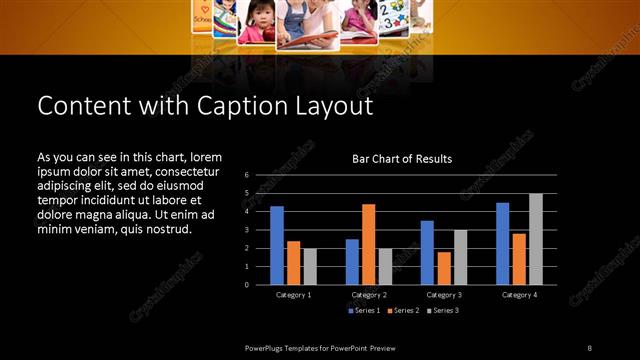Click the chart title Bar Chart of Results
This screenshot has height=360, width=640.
pyautogui.click(x=401, y=159)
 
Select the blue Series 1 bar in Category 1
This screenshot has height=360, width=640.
pyautogui.click(x=277, y=245)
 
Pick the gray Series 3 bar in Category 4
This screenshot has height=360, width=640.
pyautogui.click(x=536, y=239)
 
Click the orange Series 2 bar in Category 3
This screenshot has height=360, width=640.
pyautogui.click(x=444, y=268)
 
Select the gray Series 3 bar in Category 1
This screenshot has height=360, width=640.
pyautogui.click(x=310, y=266)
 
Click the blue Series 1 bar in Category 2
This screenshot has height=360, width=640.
pyautogui.click(x=352, y=261)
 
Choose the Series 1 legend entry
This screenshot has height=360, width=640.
pyautogui.click(x=363, y=311)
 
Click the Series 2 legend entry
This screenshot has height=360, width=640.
pyautogui.click(x=405, y=311)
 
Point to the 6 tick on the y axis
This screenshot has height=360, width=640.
pyautogui.click(x=246, y=176)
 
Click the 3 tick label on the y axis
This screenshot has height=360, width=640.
pyautogui.click(x=246, y=230)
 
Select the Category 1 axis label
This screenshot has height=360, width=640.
pyautogui.click(x=293, y=295)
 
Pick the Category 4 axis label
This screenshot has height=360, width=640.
pyautogui.click(x=519, y=295)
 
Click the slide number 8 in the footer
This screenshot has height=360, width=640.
pyautogui.click(x=588, y=347)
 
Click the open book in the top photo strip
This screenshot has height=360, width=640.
pyautogui.click(x=307, y=40)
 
